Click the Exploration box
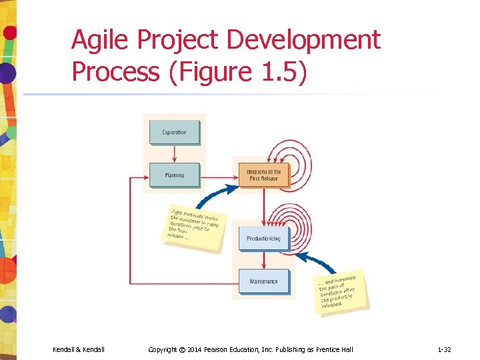pyautogui.click(x=174, y=132)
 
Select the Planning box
pyautogui.click(x=174, y=175)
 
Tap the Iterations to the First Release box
pyautogui.click(x=263, y=175)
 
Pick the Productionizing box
pyautogui.click(x=263, y=238)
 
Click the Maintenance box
pyautogui.click(x=263, y=281)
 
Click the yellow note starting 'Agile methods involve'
pyautogui.click(x=195, y=227)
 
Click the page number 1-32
pyautogui.click(x=444, y=349)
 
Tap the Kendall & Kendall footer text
pyautogui.click(x=79, y=349)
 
